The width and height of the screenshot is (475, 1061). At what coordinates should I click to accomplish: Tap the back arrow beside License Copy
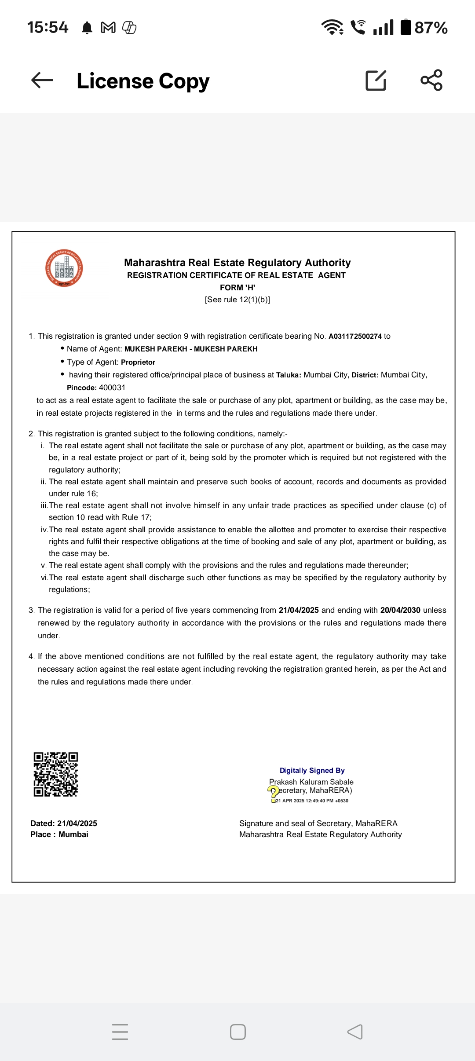pyautogui.click(x=42, y=80)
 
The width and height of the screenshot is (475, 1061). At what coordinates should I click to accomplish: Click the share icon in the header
pyautogui.click(x=431, y=80)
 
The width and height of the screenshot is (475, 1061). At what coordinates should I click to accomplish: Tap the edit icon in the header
pyautogui.click(x=376, y=80)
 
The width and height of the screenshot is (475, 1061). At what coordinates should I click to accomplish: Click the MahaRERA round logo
pyautogui.click(x=64, y=268)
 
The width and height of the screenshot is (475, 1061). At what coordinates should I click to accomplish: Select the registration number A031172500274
pyautogui.click(x=355, y=337)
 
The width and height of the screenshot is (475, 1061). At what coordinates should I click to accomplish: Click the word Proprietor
pyautogui.click(x=138, y=362)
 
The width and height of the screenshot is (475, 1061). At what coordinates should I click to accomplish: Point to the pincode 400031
pyautogui.click(x=112, y=388)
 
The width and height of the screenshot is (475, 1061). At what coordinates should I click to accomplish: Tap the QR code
pyautogui.click(x=56, y=774)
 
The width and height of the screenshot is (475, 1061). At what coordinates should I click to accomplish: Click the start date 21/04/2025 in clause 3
pyautogui.click(x=299, y=610)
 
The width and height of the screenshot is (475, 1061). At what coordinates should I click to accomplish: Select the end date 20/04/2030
pyautogui.click(x=400, y=610)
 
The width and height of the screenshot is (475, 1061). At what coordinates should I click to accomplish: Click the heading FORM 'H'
pyautogui.click(x=237, y=288)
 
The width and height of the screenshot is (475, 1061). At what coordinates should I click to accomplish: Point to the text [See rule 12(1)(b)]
pyautogui.click(x=237, y=300)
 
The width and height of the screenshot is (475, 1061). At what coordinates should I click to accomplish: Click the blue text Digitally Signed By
pyautogui.click(x=312, y=770)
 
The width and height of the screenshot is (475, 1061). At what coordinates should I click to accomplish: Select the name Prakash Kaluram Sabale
pyautogui.click(x=311, y=782)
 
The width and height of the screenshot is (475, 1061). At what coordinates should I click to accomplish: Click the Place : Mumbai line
pyautogui.click(x=59, y=834)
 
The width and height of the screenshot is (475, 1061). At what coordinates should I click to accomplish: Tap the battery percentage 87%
pyautogui.click(x=431, y=28)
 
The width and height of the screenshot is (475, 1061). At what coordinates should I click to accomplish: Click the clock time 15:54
pyautogui.click(x=47, y=27)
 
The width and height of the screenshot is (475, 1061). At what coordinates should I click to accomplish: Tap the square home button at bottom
pyautogui.click(x=238, y=1032)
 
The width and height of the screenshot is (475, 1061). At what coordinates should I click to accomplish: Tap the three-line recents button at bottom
pyautogui.click(x=120, y=1032)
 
